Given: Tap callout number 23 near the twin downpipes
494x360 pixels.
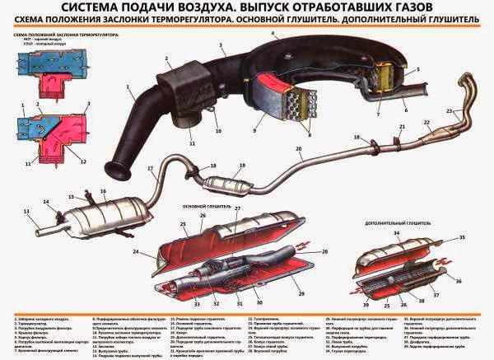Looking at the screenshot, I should click(x=450, y=110).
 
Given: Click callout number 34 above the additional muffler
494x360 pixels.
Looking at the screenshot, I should click(x=395, y=233).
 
